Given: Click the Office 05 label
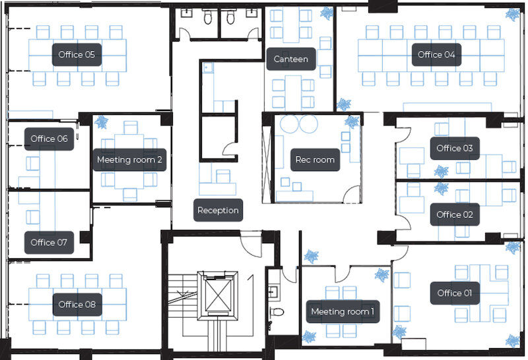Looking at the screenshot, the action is coord(77,55).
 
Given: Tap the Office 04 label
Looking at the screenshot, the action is coord(436,55).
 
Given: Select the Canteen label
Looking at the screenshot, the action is coord(291,59).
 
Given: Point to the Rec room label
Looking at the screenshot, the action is coord(315,160).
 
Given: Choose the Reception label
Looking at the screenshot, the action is coord(218,210).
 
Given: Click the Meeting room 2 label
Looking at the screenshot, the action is coord(129,160).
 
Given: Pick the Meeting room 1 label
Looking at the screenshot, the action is coord(343,312).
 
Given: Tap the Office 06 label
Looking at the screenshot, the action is coord(49,139).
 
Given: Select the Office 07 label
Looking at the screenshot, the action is coord(49,242).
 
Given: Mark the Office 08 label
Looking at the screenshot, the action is coord(77,305).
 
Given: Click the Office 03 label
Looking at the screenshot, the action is coord(455,149).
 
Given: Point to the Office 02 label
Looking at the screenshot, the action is coord(455,215).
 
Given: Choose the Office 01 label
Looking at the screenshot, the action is coord(455,293).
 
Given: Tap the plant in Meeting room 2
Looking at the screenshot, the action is coord(101,122).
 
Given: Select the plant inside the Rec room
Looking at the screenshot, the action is coord(352,122).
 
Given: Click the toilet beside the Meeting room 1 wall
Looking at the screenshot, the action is coord(277,312).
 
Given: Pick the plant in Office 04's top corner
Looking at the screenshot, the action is coord(513,14).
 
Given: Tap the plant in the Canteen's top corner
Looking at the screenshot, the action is coord(327,13).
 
